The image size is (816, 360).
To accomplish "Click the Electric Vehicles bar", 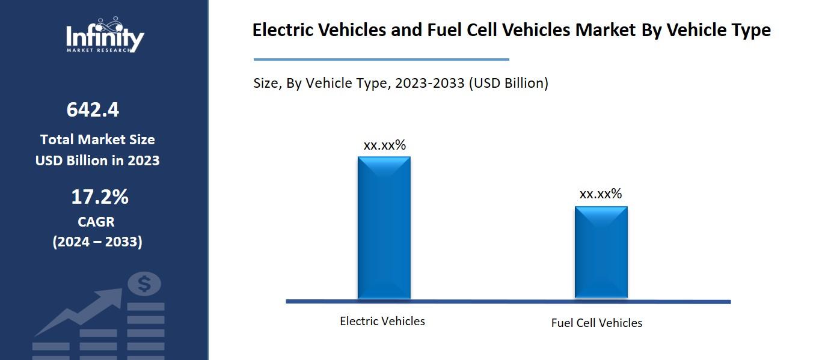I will click(x=384, y=228).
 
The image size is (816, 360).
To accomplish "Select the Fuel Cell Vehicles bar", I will click(x=601, y=252).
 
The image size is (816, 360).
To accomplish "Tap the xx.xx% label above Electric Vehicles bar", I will click(x=384, y=145).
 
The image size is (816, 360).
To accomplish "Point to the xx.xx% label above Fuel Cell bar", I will click(x=600, y=194).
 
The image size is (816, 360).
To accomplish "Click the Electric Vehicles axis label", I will click(x=382, y=321).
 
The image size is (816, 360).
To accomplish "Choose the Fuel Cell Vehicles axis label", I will click(x=597, y=323).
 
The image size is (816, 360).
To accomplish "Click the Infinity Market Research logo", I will click(x=105, y=36).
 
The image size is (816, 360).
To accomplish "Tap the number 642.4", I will click(x=93, y=110).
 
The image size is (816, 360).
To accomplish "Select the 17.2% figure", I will click(x=100, y=197).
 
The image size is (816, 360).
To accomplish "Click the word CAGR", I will click(x=96, y=222).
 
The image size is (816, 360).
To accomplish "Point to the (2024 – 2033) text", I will click(x=97, y=242).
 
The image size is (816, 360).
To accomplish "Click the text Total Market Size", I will click(x=97, y=139).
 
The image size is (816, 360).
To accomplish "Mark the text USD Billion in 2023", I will click(x=97, y=160).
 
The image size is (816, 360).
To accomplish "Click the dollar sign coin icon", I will click(x=144, y=284).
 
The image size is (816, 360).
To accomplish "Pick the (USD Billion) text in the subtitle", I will click(x=509, y=83).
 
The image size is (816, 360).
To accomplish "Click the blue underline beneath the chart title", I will click(x=381, y=59).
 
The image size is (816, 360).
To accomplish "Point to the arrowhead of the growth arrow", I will click(x=114, y=295).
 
